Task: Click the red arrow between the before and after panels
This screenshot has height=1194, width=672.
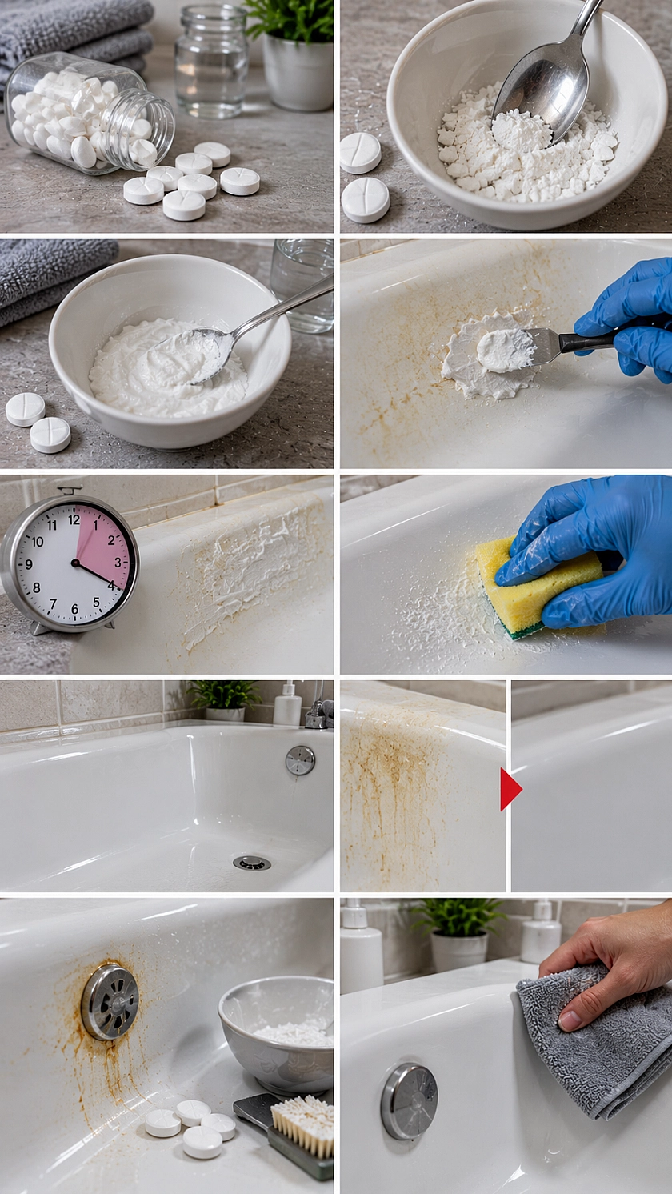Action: [510, 789]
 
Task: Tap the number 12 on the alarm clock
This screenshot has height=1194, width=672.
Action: [74, 519]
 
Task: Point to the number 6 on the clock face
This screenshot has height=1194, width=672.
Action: [74, 608]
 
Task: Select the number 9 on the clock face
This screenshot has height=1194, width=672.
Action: [29, 564]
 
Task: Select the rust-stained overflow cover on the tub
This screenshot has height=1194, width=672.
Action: [110, 1001]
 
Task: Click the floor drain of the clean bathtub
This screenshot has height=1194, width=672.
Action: [251, 863]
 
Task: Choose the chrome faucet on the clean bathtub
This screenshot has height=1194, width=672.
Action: [318, 710]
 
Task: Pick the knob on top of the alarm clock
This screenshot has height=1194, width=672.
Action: [70, 489]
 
